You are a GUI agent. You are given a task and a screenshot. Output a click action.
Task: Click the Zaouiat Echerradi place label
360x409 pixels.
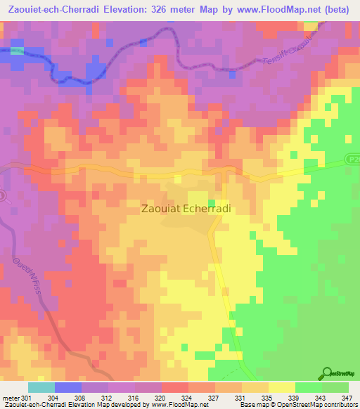tap(186, 209)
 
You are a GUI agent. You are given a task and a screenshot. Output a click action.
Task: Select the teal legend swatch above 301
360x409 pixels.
tap(41, 387)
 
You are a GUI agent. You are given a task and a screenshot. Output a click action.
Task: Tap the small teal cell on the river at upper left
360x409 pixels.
tap(18, 51)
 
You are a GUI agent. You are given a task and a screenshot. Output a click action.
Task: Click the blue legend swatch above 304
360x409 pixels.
tap(67, 387)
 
